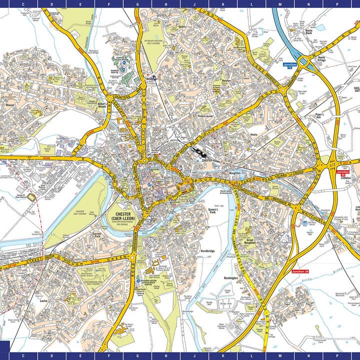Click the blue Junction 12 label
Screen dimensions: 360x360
(x=289, y=65)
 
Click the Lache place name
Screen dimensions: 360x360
(x=44, y=301)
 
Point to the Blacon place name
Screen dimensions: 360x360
(x=9, y=105)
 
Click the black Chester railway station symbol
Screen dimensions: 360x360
(x=198, y=152)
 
